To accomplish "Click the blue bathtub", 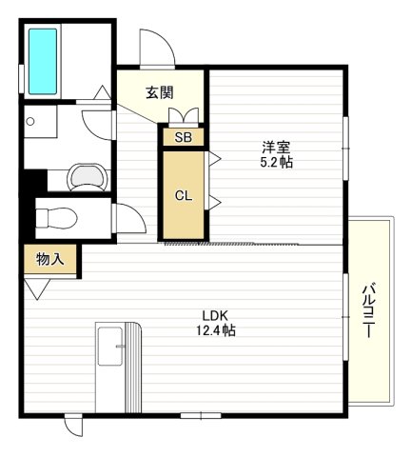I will (x=43, y=60).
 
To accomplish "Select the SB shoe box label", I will (x=182, y=137).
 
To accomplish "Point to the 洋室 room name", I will (x=277, y=148).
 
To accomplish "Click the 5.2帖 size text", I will (x=277, y=163).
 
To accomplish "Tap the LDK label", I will (x=215, y=315).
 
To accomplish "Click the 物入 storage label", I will (x=49, y=259).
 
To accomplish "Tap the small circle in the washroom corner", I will (x=31, y=122).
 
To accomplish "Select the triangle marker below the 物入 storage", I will (x=40, y=288).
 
